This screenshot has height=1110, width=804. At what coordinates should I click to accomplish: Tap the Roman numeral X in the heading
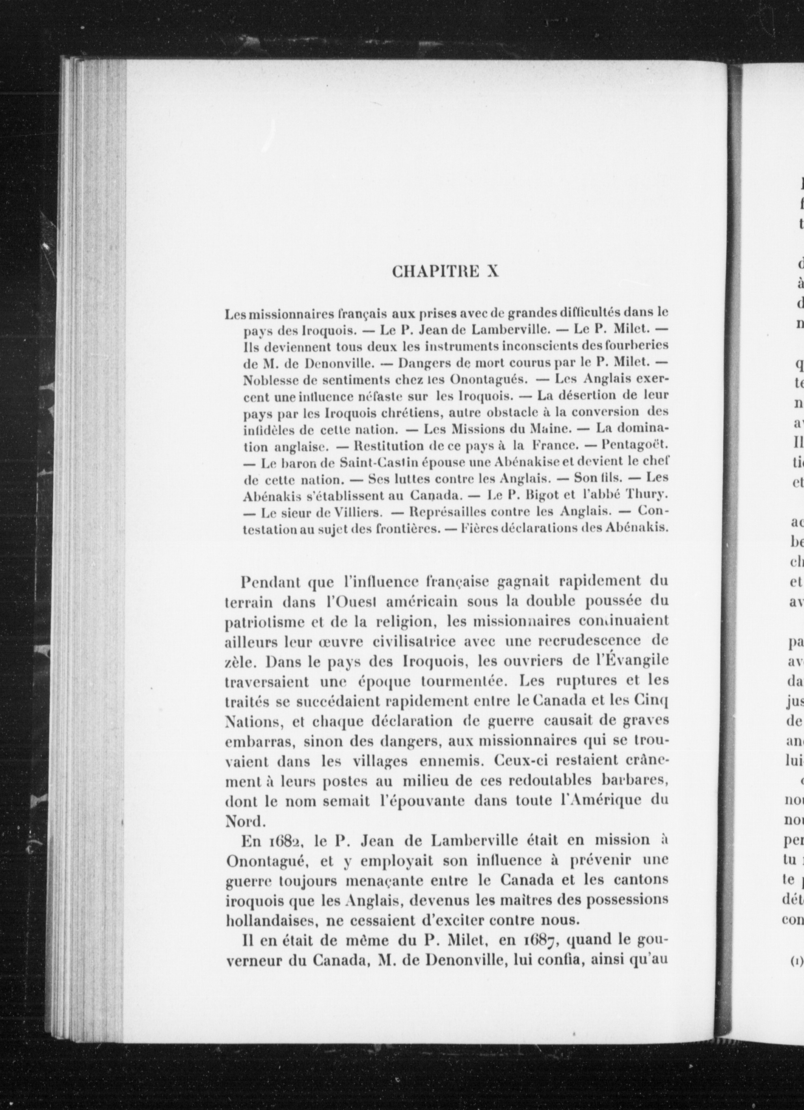pos(491,272)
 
